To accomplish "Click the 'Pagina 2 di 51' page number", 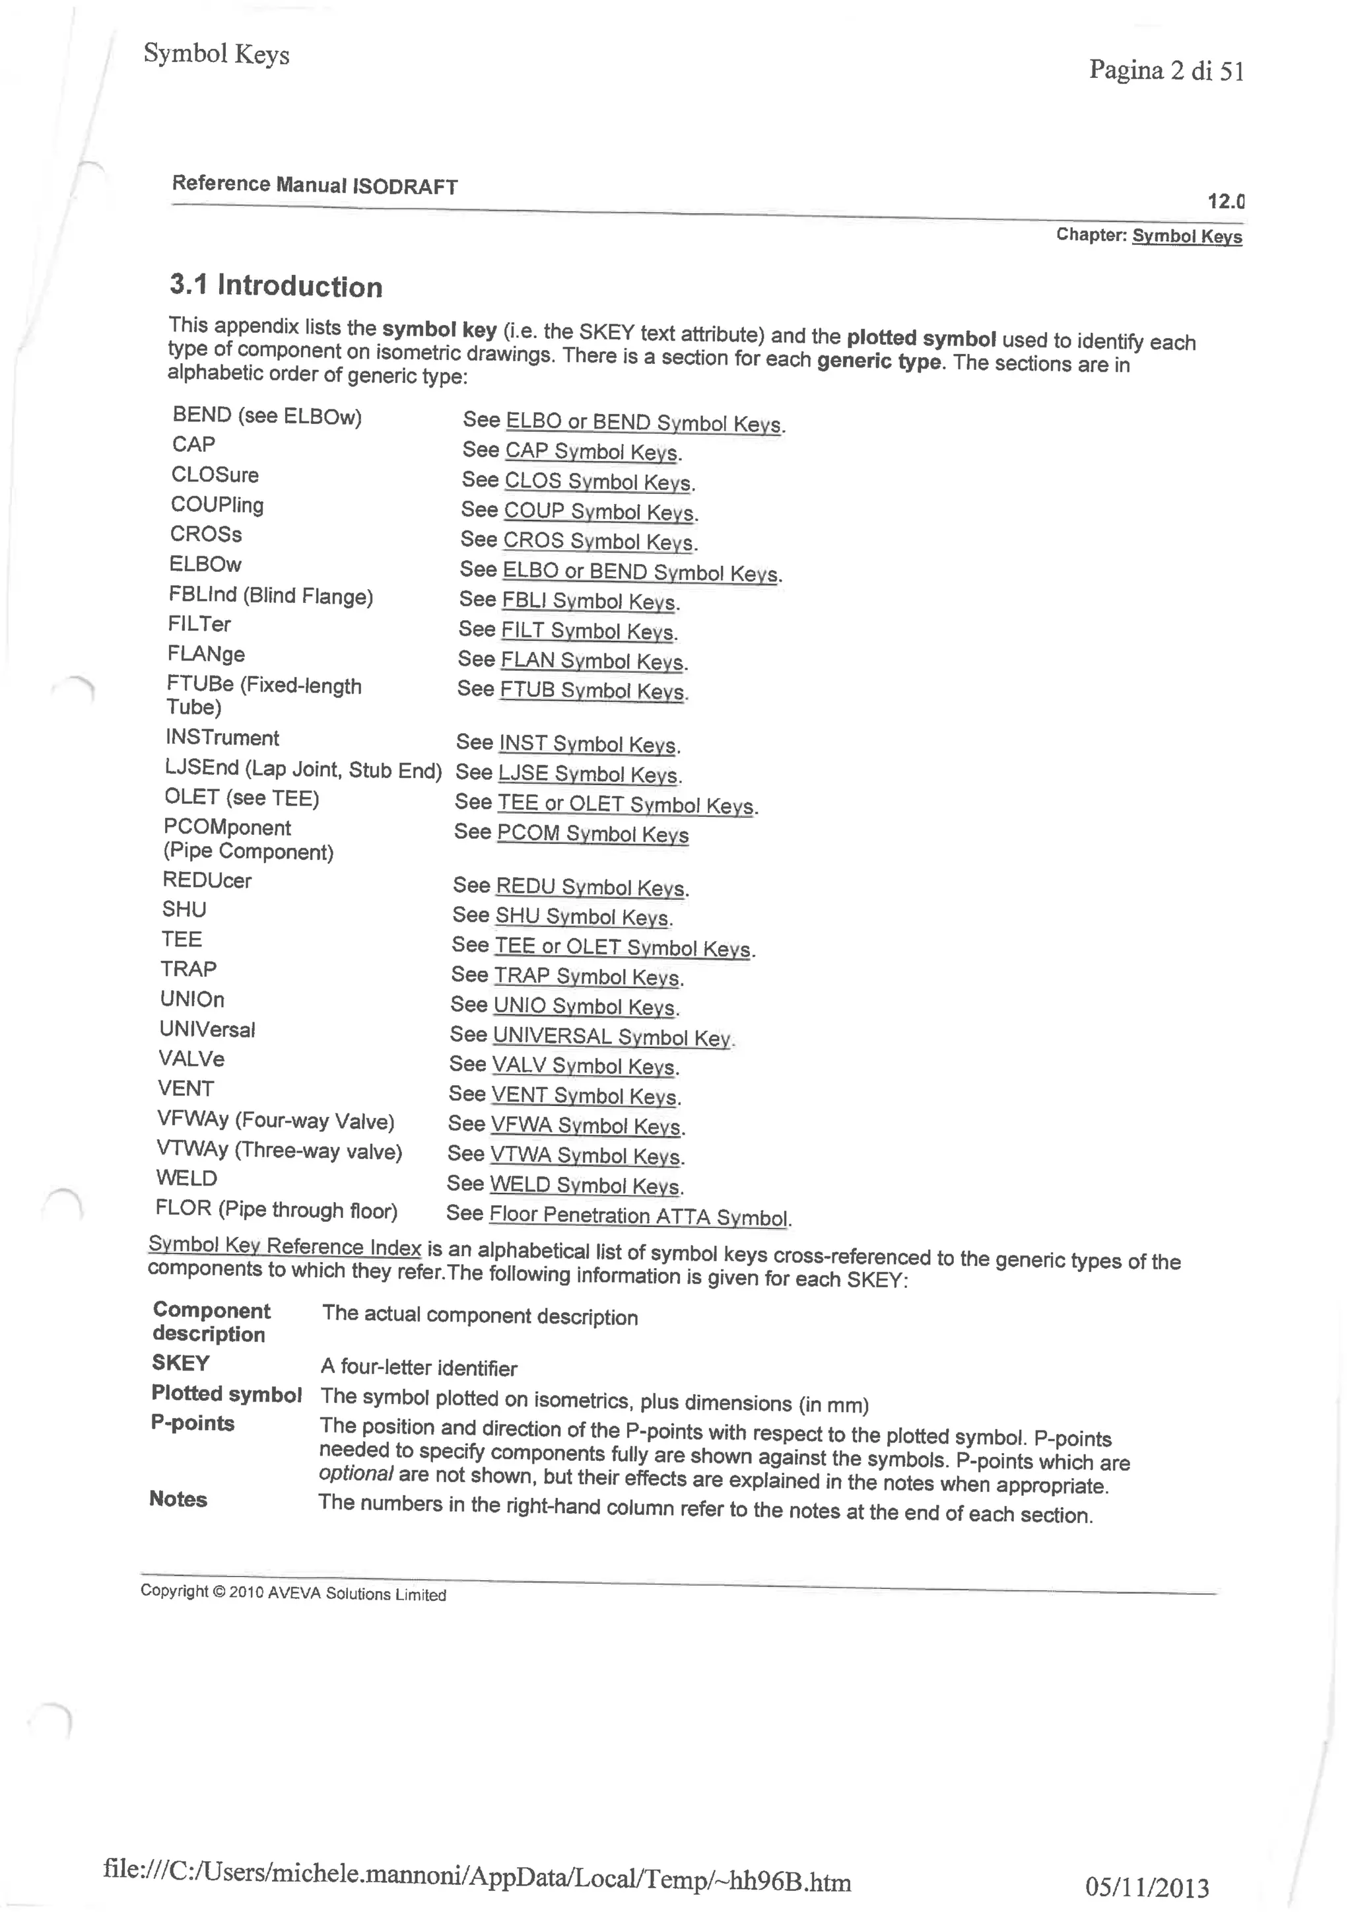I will point(1166,71).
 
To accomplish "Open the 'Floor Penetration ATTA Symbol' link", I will point(638,1216).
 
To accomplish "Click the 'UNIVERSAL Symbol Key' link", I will point(612,1036).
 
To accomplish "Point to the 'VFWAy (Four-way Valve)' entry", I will point(275,1121).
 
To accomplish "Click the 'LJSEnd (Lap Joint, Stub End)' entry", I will point(303,769).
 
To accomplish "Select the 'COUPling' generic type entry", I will point(217,505).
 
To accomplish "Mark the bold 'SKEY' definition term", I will point(181,1363).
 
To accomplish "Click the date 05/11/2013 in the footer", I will point(1147,1886).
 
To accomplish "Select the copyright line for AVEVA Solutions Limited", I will point(293,1592).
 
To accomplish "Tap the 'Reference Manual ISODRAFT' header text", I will point(315,185).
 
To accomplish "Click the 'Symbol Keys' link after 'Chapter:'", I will point(1186,236).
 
